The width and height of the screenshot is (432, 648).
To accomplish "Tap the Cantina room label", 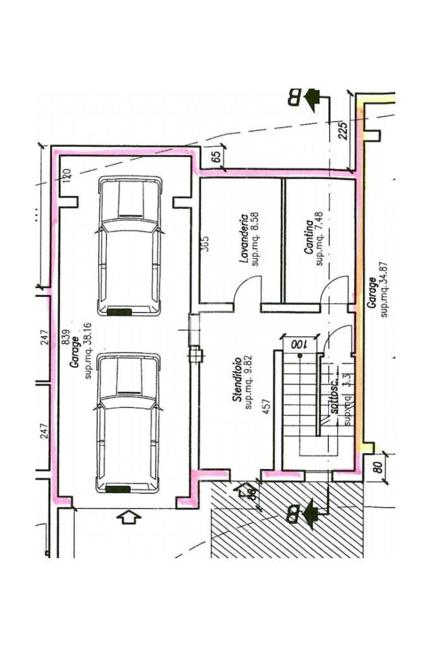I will coord(308,237).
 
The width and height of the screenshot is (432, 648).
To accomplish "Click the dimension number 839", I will coord(65,339).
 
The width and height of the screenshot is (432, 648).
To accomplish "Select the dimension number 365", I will coord(205,244).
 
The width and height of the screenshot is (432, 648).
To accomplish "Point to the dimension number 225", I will coord(343,130).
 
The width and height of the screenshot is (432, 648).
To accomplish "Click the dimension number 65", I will coord(216,157).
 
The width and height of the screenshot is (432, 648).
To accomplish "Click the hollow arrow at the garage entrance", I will coord(129,517).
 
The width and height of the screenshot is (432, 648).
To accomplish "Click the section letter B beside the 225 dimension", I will coord(295,97).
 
